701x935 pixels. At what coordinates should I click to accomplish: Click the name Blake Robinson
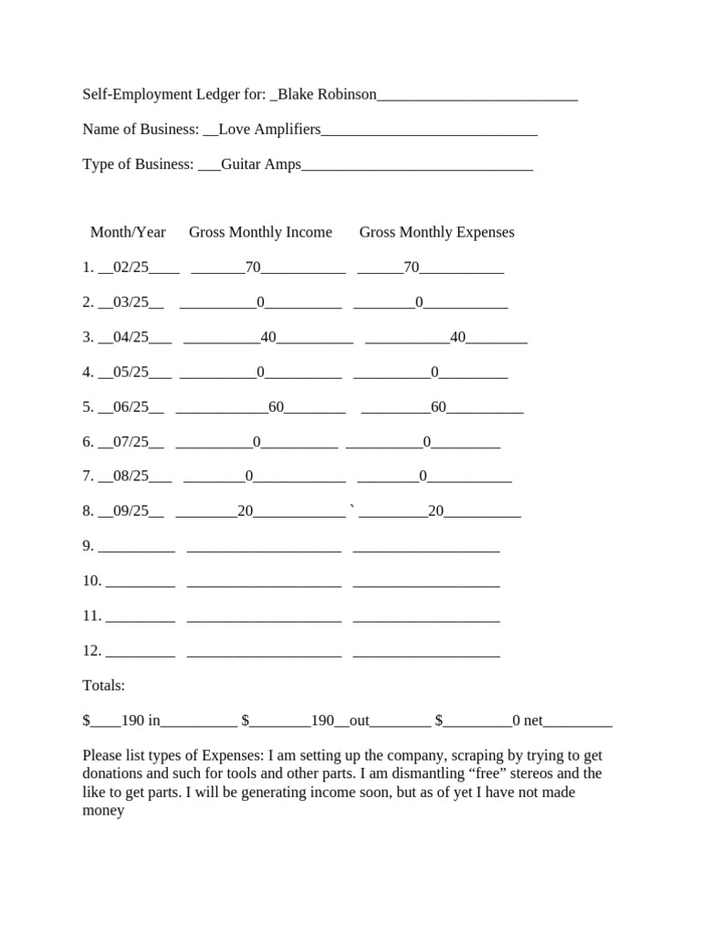[x=327, y=94]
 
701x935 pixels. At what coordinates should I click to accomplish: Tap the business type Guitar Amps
[x=261, y=164]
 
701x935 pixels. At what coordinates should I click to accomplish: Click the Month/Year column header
[x=128, y=232]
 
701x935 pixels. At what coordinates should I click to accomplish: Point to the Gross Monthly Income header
[x=260, y=232]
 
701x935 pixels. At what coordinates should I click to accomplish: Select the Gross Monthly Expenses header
[x=436, y=232]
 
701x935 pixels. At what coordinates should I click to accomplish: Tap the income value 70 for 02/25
[x=253, y=268]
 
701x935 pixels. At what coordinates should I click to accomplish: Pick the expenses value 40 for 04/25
[x=458, y=337]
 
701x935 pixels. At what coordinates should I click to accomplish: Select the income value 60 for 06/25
[x=277, y=407]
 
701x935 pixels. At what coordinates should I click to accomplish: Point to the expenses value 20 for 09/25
[x=435, y=511]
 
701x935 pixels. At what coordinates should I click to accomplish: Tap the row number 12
[x=90, y=651]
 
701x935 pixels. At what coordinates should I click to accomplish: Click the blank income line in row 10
[x=264, y=582]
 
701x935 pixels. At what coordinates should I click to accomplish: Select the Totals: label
[x=104, y=686]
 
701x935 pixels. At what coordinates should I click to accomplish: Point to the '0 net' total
[x=527, y=721]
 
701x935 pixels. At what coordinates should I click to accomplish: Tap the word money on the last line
[x=103, y=810]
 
